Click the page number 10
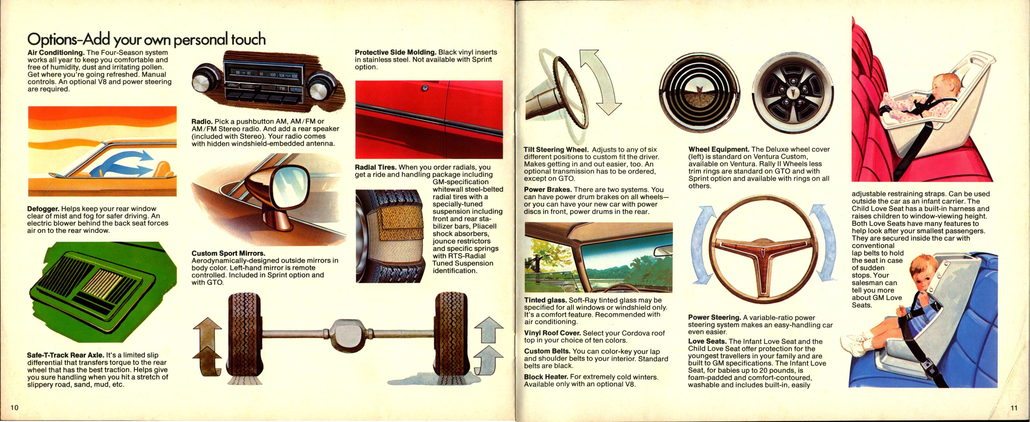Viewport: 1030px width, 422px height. pos(14,408)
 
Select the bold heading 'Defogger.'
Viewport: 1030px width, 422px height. pos(43,209)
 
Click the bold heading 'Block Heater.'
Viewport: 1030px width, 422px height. pos(546,377)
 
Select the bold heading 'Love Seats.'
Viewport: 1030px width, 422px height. pos(707,341)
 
